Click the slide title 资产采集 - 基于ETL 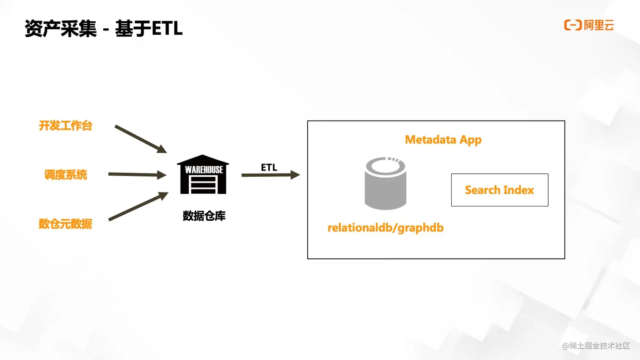coord(103,29)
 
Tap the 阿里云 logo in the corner coord(589,25)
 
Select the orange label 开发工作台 coord(66,126)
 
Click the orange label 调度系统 coord(66,175)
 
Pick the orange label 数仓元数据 coord(65,224)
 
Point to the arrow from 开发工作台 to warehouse coord(141,139)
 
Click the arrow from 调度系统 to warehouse coord(137,174)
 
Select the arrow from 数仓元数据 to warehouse coord(138,206)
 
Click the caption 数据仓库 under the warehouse coord(204,216)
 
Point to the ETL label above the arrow coord(269,168)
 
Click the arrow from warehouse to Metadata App coord(270,175)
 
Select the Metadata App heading coord(443,140)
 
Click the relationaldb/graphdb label coord(386,228)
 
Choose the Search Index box coord(499,190)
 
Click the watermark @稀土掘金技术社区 coord(596,346)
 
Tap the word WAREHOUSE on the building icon coord(204,170)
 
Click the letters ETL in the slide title coord(167,29)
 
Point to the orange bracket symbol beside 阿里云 coord(573,25)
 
